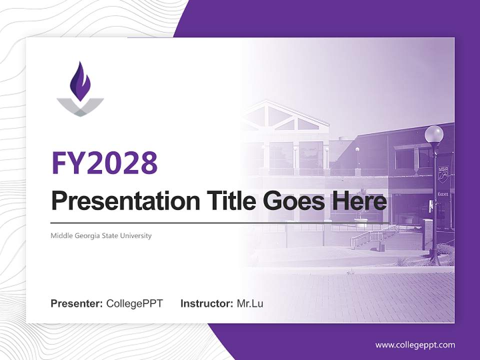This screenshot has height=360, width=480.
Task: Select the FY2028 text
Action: pyautogui.click(x=104, y=162)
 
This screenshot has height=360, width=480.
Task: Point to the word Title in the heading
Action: pyautogui.click(x=222, y=201)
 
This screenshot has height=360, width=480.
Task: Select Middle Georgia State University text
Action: pyautogui.click(x=101, y=235)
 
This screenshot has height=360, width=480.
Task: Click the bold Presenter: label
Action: pyautogui.click(x=77, y=303)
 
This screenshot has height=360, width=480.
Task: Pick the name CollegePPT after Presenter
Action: pyautogui.click(x=134, y=303)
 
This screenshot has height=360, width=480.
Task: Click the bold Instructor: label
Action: pyautogui.click(x=206, y=303)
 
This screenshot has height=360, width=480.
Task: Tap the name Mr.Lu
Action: pyautogui.click(x=250, y=303)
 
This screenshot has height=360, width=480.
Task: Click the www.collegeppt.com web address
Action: pyautogui.click(x=415, y=345)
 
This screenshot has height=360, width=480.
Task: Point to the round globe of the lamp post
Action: pyautogui.click(x=433, y=134)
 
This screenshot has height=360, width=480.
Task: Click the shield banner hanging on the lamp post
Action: pyautogui.click(x=443, y=172)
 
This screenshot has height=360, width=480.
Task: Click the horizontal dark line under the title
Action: pyautogui.click(x=220, y=223)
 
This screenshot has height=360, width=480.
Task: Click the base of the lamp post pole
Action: pyautogui.click(x=434, y=260)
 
